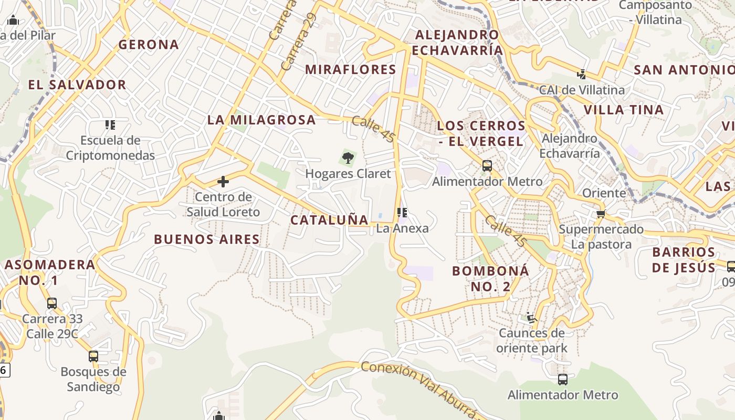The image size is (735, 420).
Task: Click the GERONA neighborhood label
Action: click(149, 45)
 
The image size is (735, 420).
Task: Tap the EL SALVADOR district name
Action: click(77, 85)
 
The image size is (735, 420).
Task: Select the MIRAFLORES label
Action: click(350, 69)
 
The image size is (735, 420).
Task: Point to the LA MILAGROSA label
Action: click(261, 120)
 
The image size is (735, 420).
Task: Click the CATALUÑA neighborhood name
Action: click(329, 220)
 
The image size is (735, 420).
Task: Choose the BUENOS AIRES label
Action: click(207, 239)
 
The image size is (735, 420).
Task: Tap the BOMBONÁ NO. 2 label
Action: click(490, 278)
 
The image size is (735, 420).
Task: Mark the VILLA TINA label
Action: click(624, 110)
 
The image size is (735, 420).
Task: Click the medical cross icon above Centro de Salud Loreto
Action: click(223, 182)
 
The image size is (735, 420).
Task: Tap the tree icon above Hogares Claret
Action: click(348, 157)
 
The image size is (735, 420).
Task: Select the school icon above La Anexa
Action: click(402, 213)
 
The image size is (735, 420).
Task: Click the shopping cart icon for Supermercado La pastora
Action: click(601, 214)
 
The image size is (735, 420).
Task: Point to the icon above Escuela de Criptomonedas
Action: click(110, 125)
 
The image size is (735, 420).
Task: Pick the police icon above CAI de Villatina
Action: click(582, 74)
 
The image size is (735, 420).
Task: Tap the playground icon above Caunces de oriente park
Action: click(531, 317)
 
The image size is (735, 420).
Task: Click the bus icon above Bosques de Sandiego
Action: click(93, 356)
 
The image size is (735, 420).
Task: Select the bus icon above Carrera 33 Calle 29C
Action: click(51, 303)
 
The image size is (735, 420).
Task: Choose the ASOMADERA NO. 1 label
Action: click(50, 272)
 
